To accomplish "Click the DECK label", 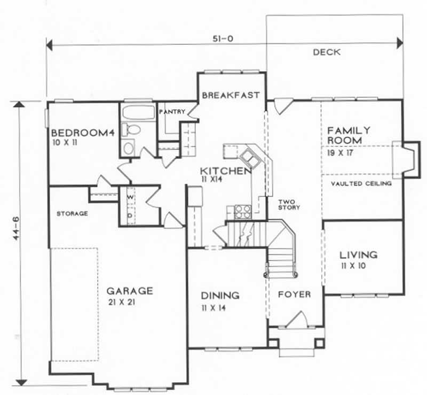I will coord(327,52).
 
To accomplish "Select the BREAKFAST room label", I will coord(231,95).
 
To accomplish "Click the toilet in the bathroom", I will coord(130,129).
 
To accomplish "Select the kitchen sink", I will coord(250,158).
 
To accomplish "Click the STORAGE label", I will coord(72,214).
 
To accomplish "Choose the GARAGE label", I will coord(130,291).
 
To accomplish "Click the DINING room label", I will coord(219,296).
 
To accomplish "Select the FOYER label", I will coord(294,295).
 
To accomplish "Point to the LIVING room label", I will coord(358,255).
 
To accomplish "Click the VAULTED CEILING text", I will coord(361,183).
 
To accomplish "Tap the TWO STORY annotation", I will coord(288,204).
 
